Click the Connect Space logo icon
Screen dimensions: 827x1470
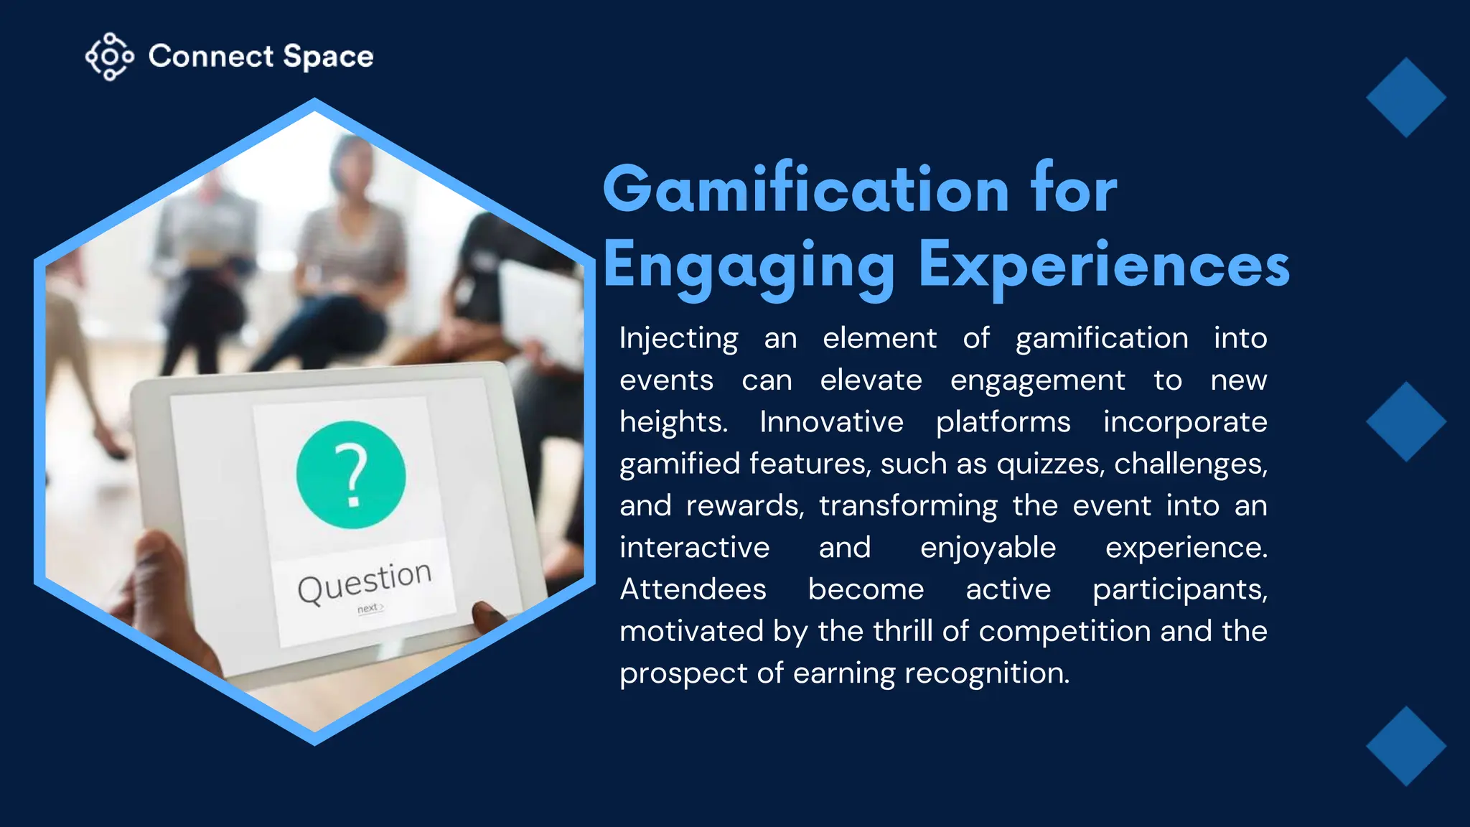pyautogui.click(x=109, y=56)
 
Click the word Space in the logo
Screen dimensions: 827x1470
pyautogui.click(x=328, y=57)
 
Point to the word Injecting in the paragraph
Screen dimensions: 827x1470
pyautogui.click(x=678, y=339)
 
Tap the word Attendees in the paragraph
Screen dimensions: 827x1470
pyautogui.click(x=693, y=589)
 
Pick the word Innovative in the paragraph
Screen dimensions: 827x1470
pyautogui.click(x=831, y=422)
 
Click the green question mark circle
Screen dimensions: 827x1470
pyautogui.click(x=351, y=475)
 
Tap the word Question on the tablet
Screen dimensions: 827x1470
pyautogui.click(x=365, y=581)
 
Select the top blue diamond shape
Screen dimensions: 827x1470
pyautogui.click(x=1405, y=98)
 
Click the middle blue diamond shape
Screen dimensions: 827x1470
pyautogui.click(x=1405, y=421)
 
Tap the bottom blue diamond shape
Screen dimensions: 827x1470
pyautogui.click(x=1405, y=746)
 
